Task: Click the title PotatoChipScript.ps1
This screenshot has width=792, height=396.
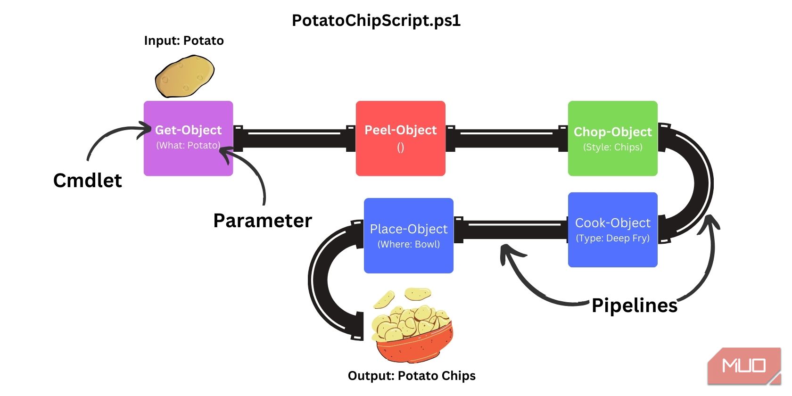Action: tap(376, 21)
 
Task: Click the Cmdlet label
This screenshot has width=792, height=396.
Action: tap(87, 181)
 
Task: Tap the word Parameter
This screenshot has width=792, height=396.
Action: tap(263, 221)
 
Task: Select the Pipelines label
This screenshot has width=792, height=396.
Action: tap(634, 305)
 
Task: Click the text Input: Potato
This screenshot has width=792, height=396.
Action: tap(183, 41)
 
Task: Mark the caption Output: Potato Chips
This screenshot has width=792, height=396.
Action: tap(412, 376)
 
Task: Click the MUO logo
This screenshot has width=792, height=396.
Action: tap(743, 366)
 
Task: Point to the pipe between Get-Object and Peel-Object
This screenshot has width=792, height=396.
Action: tap(294, 138)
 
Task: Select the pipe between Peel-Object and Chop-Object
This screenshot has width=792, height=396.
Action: tap(506, 138)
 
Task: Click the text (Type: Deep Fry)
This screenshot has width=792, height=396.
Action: tap(612, 238)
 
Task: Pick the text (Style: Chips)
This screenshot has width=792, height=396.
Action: tap(612, 147)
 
